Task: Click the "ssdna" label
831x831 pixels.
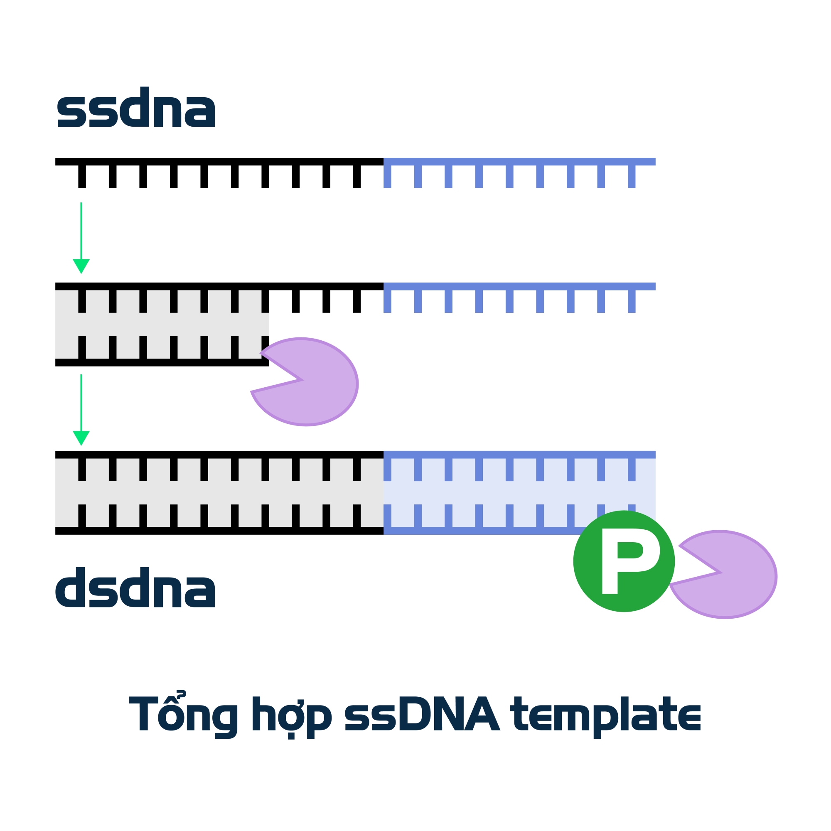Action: (136, 108)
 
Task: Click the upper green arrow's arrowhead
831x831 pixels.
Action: (81, 266)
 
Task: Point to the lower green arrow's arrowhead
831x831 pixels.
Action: (81, 438)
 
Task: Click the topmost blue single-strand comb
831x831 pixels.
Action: (519, 162)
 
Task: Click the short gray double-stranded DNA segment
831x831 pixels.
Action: (162, 324)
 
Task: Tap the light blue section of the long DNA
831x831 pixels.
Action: (519, 492)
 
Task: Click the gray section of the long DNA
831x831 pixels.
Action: (219, 492)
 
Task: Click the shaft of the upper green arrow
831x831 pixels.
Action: (81, 230)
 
